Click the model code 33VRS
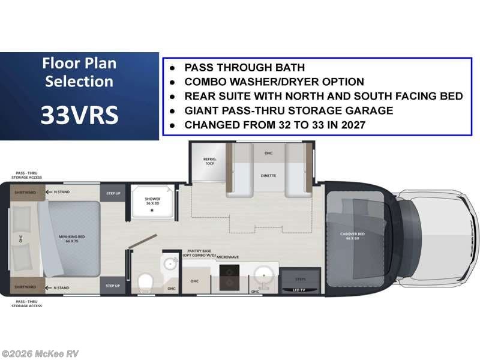click(x=79, y=115)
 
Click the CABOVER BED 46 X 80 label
click(x=352, y=236)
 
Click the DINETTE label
click(x=269, y=175)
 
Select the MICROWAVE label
click(x=228, y=256)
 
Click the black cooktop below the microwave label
click(x=229, y=278)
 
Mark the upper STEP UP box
click(x=113, y=193)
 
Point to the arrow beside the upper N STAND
click(x=51, y=192)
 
